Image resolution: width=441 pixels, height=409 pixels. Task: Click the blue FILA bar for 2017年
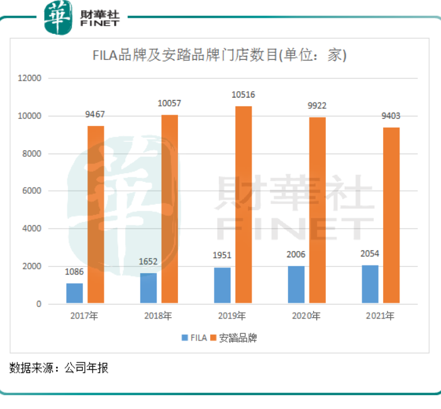click(74, 293)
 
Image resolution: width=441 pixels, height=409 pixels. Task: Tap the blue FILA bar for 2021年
click(371, 284)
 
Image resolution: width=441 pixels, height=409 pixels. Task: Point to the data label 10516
click(243, 95)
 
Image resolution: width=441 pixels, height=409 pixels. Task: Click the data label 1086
click(74, 272)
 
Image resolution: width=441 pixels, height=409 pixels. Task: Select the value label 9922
click(317, 106)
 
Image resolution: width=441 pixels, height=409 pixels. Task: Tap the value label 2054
click(371, 254)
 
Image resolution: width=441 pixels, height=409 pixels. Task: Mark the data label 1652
click(148, 261)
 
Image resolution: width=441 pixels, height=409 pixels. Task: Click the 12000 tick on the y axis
click(29, 79)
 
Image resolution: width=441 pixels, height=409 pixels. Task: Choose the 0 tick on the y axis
click(38, 304)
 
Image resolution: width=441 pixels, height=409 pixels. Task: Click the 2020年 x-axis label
click(306, 316)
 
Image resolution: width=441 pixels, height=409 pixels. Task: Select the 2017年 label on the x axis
click(85, 316)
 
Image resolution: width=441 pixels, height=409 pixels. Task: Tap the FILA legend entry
click(194, 338)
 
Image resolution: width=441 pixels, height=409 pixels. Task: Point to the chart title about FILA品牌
click(220, 55)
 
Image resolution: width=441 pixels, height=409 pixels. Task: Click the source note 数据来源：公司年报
click(59, 368)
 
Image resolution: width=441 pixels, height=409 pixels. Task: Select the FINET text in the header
click(99, 24)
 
